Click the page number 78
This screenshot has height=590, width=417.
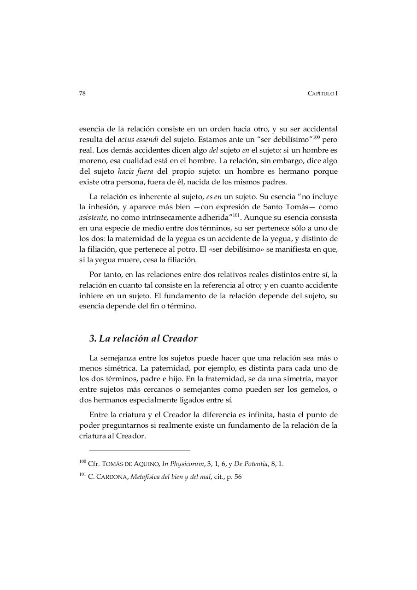[82, 93]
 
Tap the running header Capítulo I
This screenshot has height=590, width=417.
[323, 93]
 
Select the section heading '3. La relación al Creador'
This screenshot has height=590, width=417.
[143, 338]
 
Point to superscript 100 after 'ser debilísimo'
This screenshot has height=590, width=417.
[316, 137]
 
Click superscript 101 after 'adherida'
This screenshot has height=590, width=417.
[235, 215]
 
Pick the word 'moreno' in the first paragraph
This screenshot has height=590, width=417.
[90, 160]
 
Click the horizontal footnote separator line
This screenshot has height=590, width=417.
[140, 450]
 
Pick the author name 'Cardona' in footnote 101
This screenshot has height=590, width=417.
[109, 477]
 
